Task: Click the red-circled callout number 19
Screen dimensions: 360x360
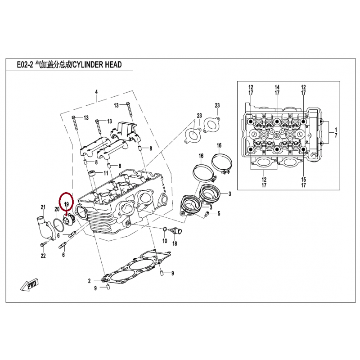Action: coord(66,204)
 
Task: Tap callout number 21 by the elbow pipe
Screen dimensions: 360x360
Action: coord(44,207)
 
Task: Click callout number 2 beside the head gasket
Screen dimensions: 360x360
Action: coord(89,281)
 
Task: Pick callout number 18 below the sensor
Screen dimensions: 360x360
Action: coord(175,243)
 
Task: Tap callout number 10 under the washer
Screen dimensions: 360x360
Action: coord(164,241)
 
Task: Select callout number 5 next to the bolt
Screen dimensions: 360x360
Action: coord(219,213)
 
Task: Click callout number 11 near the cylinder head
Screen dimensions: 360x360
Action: coord(106,173)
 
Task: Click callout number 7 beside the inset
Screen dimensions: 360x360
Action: coord(335,135)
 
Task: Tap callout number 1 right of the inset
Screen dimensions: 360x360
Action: coord(335,130)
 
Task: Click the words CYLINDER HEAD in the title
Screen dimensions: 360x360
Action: coord(96,65)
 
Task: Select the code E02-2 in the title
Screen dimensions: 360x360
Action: coord(25,65)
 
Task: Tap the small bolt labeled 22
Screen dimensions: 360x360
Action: coord(42,245)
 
